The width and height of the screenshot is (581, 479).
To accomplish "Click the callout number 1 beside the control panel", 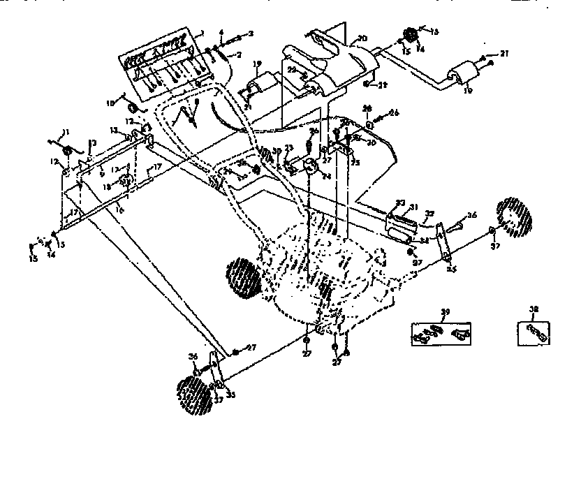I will coord(202,32).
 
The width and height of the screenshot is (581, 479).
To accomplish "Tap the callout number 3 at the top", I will coord(251,33).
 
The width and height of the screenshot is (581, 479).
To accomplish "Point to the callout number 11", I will coord(66,132).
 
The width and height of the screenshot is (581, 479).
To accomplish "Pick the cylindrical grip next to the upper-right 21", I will coord(460,73).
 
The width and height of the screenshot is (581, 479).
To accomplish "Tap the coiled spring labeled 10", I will coord(133,108).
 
